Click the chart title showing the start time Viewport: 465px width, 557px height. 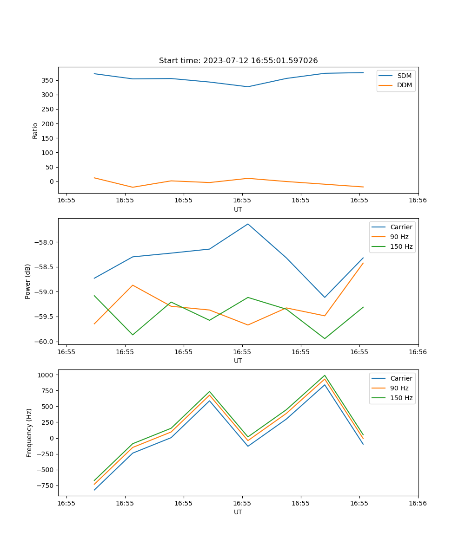(238, 61)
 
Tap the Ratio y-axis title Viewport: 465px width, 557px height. (35, 131)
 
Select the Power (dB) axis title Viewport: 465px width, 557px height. (28, 281)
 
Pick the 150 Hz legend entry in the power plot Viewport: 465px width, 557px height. (401, 247)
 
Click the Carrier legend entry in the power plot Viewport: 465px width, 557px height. (401, 227)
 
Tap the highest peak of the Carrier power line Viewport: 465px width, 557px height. (248, 224)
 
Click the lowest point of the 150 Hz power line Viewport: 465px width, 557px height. (325, 338)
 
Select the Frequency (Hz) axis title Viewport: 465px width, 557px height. (29, 433)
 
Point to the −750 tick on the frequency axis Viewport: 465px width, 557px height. (45, 486)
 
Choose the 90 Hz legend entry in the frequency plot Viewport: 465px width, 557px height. (399, 388)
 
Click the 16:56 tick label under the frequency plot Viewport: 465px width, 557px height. (418, 503)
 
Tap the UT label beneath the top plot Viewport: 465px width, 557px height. (238, 209)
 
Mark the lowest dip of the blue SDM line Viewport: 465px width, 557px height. (248, 87)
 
